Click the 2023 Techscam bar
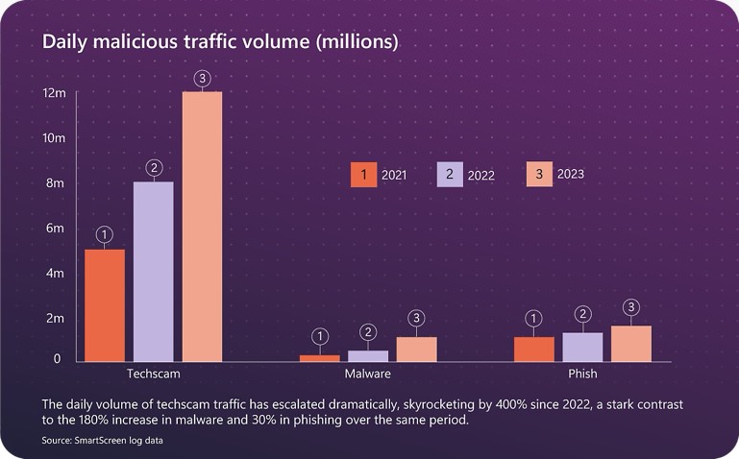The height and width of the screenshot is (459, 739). [x=202, y=227]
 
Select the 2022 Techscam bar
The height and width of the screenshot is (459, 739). [x=154, y=272]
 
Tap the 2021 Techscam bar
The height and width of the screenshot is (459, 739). [x=106, y=305]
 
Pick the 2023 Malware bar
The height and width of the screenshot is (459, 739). [x=416, y=350]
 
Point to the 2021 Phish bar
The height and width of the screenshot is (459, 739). [x=534, y=350]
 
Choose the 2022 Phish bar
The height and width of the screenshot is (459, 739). [x=582, y=348]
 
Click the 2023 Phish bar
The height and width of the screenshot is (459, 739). [x=631, y=344]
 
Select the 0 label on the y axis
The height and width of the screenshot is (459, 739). [x=57, y=359]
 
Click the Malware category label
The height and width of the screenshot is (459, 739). [x=368, y=373]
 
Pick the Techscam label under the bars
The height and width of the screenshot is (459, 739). [x=154, y=373]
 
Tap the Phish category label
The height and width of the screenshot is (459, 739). [x=582, y=373]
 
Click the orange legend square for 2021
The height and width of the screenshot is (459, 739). [x=363, y=175]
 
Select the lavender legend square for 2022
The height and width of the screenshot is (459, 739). [x=450, y=175]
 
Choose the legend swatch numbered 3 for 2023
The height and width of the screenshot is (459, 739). [x=539, y=174]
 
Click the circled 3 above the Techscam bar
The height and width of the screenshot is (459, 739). [x=202, y=78]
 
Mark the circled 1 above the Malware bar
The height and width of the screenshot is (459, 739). [x=320, y=336]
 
